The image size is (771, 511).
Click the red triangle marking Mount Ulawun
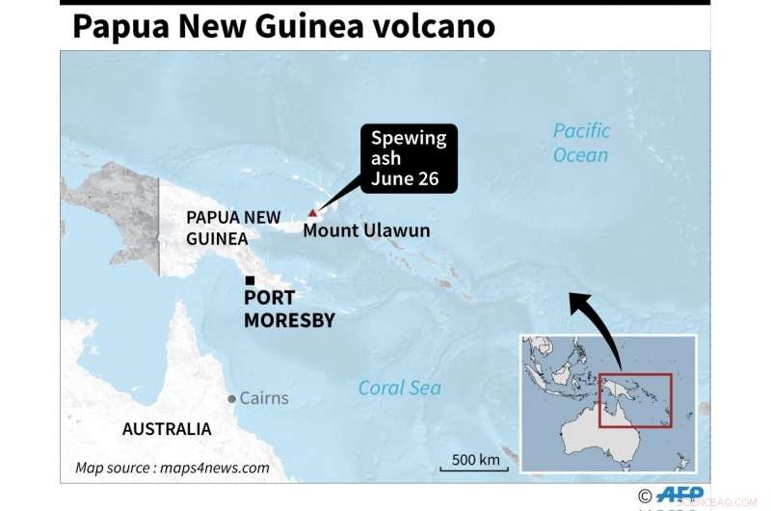(311, 213)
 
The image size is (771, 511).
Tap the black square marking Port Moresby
(250, 281)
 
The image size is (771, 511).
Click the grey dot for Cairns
(231, 398)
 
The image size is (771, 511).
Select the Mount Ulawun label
(366, 231)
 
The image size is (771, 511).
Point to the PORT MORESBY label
(289, 309)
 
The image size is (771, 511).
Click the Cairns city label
(263, 397)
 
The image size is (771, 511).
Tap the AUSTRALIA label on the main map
(167, 429)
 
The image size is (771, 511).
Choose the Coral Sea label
(399, 388)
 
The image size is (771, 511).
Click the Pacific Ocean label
(581, 142)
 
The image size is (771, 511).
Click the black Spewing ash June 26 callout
(410, 158)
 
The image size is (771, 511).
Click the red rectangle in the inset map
(634, 400)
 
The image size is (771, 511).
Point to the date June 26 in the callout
(409, 179)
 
